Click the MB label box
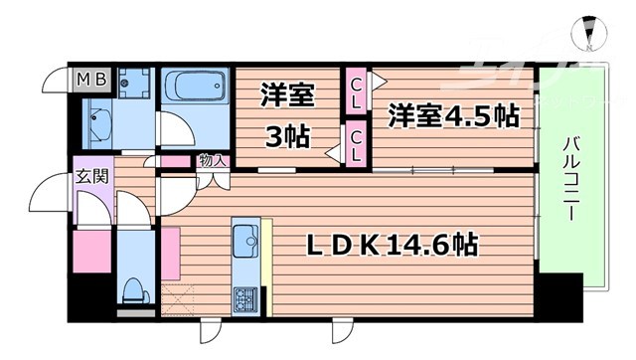click(x=92, y=77)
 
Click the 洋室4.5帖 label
click(x=453, y=114)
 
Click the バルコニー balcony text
click(x=569, y=178)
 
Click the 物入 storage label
click(x=213, y=159)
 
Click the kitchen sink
click(x=244, y=238)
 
